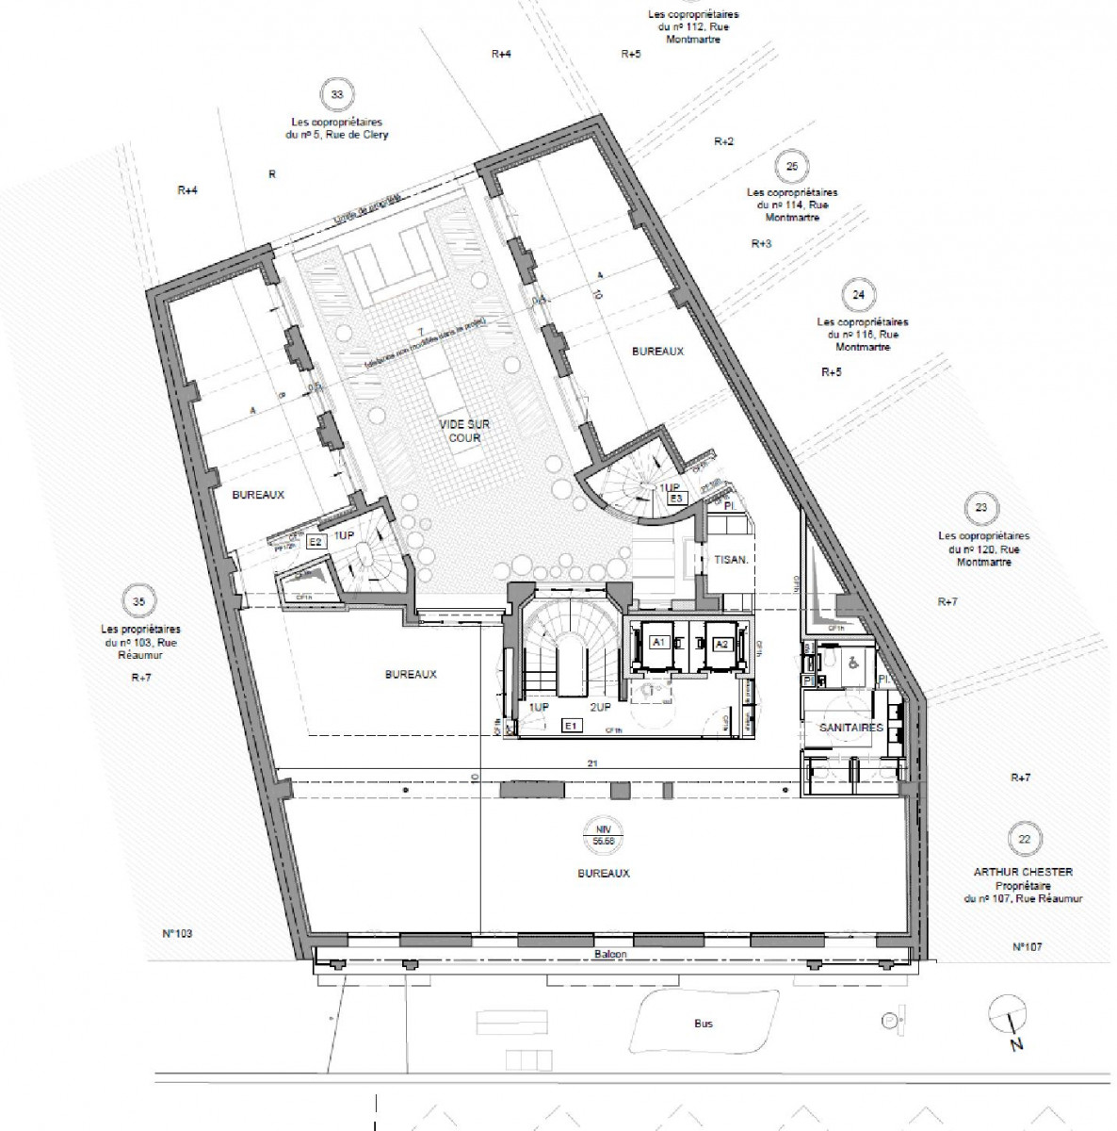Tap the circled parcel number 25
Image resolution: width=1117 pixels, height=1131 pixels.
(x=791, y=167)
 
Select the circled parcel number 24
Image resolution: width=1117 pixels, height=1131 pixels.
(x=857, y=295)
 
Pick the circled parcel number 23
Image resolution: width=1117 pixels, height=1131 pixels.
(x=981, y=508)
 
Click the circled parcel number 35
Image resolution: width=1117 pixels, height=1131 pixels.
(x=138, y=601)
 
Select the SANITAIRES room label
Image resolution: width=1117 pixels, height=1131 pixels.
(x=850, y=728)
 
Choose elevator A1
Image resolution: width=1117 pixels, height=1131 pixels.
(x=659, y=643)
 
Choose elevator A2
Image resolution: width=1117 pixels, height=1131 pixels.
(x=721, y=643)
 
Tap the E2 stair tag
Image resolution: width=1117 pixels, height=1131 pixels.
(x=316, y=542)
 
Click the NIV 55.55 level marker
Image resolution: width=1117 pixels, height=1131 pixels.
(x=604, y=836)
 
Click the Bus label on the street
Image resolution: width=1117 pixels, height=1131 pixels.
(x=703, y=1024)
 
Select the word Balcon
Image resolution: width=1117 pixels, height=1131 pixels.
(x=610, y=954)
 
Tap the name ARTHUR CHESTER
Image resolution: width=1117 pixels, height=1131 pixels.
(x=1023, y=873)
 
